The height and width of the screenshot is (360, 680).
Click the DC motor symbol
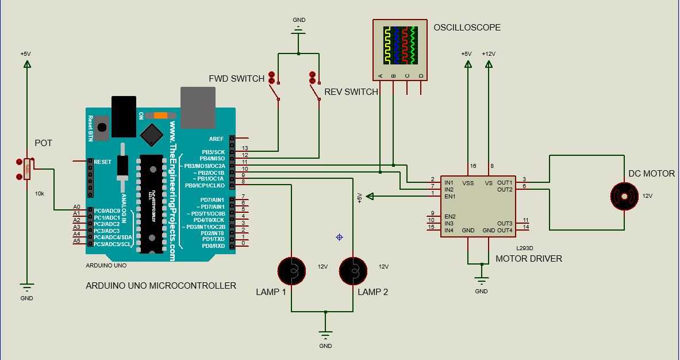click(x=624, y=196)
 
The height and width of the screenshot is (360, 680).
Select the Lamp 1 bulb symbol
click(x=291, y=270)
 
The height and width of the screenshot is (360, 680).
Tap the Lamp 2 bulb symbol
click(x=353, y=270)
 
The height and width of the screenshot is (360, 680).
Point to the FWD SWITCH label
click(x=236, y=78)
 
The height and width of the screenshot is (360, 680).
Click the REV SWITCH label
click(x=351, y=92)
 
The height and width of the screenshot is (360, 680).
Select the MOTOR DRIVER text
click(x=529, y=259)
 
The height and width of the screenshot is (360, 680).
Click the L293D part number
click(x=524, y=248)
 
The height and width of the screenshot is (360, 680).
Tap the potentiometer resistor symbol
click(x=26, y=170)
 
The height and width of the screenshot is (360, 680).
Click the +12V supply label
click(x=488, y=54)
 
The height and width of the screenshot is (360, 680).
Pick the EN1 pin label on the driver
click(x=450, y=196)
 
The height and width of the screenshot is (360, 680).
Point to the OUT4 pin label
click(x=505, y=231)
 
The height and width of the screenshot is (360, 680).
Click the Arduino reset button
click(x=102, y=127)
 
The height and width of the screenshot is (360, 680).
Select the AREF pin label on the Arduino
click(x=216, y=139)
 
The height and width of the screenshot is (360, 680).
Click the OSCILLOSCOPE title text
click(x=467, y=28)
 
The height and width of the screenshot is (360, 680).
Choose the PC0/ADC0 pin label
click(x=107, y=210)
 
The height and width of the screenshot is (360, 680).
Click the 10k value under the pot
click(x=40, y=193)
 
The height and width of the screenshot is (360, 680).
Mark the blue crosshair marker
click(x=339, y=237)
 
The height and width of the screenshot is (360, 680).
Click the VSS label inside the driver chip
click(x=468, y=183)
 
